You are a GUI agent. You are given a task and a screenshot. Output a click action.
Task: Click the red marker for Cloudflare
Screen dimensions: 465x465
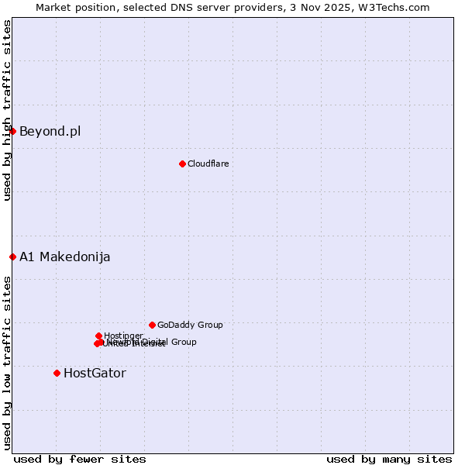point(182,164)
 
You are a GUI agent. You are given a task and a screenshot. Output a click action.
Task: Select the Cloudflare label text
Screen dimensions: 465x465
point(208,164)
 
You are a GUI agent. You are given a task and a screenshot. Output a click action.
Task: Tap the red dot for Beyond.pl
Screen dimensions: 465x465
point(13,131)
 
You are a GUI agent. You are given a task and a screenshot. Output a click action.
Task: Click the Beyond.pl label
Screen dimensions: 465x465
point(50,131)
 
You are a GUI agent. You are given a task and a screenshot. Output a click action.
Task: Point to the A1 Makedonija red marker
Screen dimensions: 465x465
point(13,257)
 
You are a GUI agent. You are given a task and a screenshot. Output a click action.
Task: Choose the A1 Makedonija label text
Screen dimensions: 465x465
point(64,257)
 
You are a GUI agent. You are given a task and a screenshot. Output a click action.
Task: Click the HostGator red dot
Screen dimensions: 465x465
point(57,373)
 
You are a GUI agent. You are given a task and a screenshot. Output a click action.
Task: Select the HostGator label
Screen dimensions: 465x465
point(95,373)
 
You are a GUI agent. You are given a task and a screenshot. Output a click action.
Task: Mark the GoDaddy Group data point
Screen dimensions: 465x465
point(152,325)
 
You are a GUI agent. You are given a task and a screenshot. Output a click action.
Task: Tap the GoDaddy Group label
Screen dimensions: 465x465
point(190,325)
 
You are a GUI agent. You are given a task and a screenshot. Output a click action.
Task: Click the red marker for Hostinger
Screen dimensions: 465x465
point(98,336)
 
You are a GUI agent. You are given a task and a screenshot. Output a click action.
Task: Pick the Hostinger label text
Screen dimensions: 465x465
point(123,336)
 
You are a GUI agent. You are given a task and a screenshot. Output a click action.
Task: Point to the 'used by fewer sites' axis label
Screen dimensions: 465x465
point(80,459)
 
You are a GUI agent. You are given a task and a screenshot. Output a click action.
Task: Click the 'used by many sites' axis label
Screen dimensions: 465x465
point(389,459)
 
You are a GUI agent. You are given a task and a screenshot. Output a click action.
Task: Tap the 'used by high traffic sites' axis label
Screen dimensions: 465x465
point(7,110)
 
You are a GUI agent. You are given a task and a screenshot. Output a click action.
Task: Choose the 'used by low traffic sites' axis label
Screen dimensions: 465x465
point(7,362)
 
